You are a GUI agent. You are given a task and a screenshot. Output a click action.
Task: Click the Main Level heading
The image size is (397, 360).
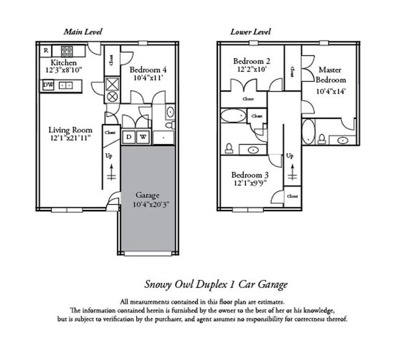[x=83, y=31]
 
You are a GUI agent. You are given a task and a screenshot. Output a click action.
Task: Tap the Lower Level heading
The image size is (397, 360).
[x=250, y=31]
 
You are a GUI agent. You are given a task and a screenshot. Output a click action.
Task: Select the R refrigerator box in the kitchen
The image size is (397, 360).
[x=46, y=50]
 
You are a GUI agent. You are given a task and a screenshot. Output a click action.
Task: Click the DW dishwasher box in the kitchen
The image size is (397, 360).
[x=48, y=85]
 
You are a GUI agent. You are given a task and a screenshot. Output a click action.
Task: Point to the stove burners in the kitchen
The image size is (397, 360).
[x=67, y=51]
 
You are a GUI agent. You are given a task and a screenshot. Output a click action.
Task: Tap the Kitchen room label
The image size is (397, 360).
[x=64, y=63]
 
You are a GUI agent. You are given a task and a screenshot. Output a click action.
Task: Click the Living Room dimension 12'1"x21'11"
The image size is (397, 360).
[x=70, y=139]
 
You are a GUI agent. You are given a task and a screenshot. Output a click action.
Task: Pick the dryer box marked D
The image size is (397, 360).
[x=129, y=138]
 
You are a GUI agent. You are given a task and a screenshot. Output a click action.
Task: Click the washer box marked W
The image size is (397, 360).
[x=143, y=138]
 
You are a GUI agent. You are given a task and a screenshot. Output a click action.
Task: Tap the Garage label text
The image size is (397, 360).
[x=148, y=195]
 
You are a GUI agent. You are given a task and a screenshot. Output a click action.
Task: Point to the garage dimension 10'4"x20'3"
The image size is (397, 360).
[x=148, y=204]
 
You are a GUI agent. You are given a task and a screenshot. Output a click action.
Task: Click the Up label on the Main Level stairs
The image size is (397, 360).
[x=111, y=156]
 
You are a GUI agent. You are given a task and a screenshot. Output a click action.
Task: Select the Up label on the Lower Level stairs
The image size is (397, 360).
[x=290, y=156]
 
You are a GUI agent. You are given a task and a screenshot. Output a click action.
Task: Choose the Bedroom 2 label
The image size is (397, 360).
[x=252, y=61]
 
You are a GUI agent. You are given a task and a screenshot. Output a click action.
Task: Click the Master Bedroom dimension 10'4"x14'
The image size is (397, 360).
[x=330, y=91]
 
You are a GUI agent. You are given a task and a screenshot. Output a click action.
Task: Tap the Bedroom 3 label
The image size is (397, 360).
[x=252, y=175]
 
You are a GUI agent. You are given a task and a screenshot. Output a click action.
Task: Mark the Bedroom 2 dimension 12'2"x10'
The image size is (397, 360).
[x=252, y=70]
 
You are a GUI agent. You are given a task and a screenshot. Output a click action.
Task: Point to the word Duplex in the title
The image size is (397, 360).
[x=214, y=284]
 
